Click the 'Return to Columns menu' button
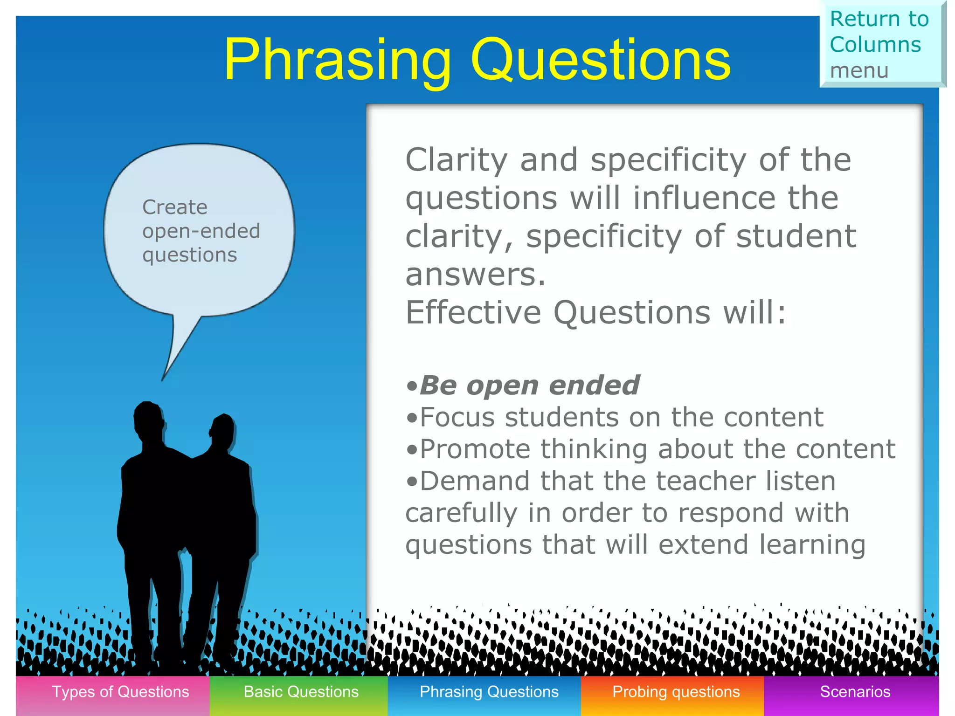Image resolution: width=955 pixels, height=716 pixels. point(881,45)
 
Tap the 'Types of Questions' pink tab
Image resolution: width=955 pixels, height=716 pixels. point(120,692)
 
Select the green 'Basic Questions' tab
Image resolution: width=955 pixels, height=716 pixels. point(301,692)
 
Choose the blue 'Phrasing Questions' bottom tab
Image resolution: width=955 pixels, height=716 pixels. point(489,692)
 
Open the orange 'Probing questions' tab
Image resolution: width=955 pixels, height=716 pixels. point(676,692)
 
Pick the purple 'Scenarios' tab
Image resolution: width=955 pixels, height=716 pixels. point(855,692)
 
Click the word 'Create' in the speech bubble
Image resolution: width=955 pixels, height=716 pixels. point(174,207)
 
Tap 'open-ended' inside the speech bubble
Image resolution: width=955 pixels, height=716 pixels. point(201,231)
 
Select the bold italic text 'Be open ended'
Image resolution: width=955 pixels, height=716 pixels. point(529,386)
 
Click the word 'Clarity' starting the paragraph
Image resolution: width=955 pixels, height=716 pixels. point(456,160)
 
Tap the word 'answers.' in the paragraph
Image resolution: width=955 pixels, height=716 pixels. point(475,275)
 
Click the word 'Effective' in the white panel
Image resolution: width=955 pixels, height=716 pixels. point(472,312)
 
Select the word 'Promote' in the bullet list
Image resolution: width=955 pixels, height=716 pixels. point(475,449)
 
